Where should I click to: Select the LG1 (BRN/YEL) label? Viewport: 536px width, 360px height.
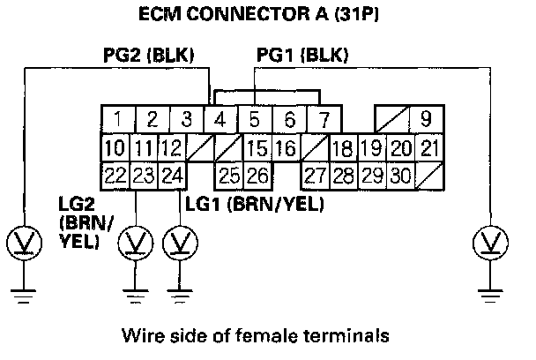click(254, 205)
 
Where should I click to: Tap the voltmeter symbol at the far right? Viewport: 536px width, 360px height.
click(488, 239)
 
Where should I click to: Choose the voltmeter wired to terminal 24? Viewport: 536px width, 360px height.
click(180, 239)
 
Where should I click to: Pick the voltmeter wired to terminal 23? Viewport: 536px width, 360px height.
click(135, 239)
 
